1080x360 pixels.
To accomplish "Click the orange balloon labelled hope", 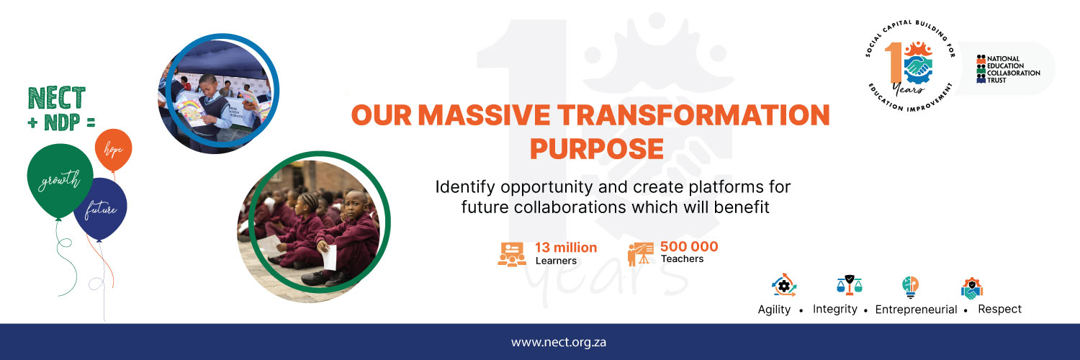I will click(113, 149).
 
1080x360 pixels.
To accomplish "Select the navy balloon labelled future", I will click(100, 210).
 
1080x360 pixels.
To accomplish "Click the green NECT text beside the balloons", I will click(56, 98).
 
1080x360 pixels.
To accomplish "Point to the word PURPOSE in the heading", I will click(596, 148).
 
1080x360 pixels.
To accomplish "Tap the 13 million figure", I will click(565, 248).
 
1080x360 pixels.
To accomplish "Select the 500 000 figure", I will click(689, 247).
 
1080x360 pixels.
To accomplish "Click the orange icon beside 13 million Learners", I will click(512, 254).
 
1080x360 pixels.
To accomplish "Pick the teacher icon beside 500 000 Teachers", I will click(639, 254).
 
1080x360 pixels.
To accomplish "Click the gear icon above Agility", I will click(783, 286).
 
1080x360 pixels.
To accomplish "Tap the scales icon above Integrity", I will click(850, 286).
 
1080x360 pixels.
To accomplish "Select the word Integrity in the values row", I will click(835, 309).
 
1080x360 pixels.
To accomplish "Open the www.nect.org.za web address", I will click(559, 342).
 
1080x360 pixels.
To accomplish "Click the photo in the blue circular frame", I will click(217, 92).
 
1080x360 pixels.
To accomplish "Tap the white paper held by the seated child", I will click(329, 257).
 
